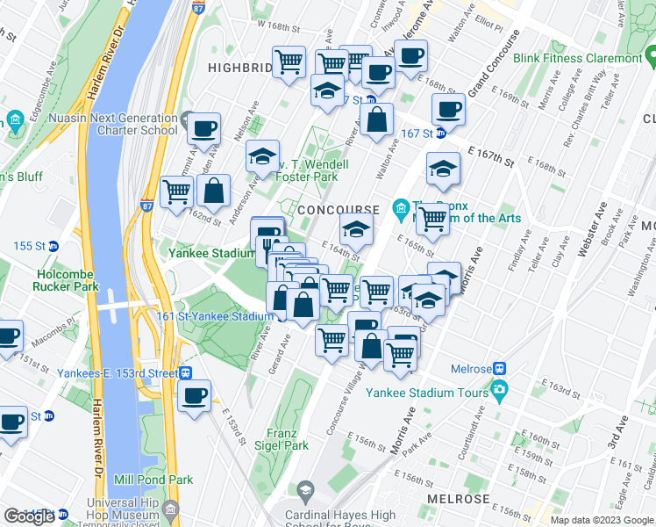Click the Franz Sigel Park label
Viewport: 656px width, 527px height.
[x=289, y=438]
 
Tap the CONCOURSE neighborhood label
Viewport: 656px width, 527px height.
[x=338, y=210]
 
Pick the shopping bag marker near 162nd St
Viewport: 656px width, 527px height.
[x=213, y=190]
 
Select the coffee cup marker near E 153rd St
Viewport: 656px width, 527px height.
[x=194, y=396]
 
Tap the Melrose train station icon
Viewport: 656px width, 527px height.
[x=500, y=369]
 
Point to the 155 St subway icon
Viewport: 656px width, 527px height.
[x=53, y=246]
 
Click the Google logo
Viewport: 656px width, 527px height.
[x=29, y=516]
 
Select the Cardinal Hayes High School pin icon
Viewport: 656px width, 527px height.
[x=306, y=489]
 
